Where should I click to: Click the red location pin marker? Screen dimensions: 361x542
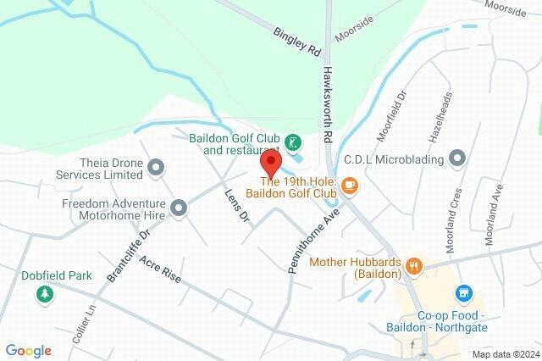pos(271,163)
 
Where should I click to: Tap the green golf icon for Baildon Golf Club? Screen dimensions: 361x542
pos(292,142)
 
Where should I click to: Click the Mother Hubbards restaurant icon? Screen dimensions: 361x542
pos(414,265)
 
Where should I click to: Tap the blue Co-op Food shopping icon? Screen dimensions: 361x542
pos(463,294)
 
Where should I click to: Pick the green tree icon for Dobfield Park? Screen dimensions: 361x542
pos(43,293)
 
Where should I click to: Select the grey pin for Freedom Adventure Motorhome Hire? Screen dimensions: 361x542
pos(179,208)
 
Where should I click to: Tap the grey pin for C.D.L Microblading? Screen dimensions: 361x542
pos(457,158)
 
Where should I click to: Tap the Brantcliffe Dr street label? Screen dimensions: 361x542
pos(129,254)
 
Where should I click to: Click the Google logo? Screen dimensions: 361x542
pos(28,351)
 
